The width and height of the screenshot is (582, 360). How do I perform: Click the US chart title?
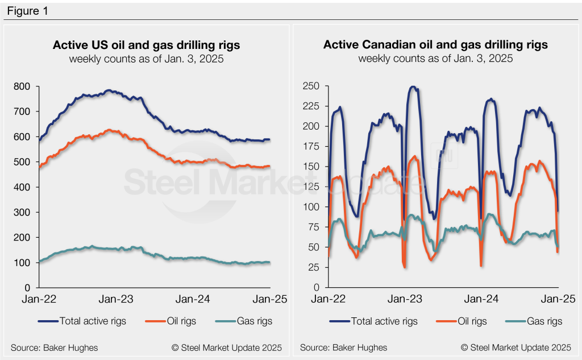(x=146, y=45)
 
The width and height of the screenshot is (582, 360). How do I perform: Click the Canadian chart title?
(x=435, y=45)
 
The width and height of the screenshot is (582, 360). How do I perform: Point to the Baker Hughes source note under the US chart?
(x=54, y=347)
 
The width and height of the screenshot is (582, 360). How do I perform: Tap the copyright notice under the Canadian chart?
(x=516, y=347)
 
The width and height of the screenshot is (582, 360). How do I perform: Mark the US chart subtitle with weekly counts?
(x=146, y=59)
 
